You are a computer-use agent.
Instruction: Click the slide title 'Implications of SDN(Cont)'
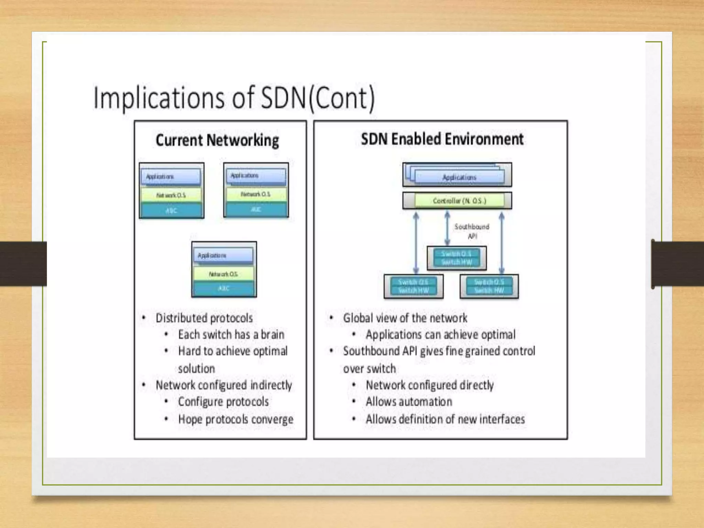tap(234, 99)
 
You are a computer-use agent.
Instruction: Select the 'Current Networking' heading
tap(217, 141)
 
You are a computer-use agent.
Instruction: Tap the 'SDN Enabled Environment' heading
tap(442, 139)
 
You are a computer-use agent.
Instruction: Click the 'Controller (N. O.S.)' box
tap(459, 201)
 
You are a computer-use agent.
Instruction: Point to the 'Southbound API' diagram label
tap(472, 231)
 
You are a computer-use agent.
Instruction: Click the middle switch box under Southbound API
tap(456, 258)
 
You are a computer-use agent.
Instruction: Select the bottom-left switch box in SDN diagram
tap(413, 286)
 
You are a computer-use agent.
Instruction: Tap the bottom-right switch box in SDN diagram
tap(489, 286)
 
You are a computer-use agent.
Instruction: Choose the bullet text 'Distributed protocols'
tap(204, 318)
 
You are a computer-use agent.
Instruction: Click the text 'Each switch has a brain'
tap(231, 334)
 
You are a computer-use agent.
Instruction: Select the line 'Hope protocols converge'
tap(235, 419)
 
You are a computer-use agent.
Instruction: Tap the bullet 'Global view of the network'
tap(405, 318)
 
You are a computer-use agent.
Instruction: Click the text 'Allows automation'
tap(409, 401)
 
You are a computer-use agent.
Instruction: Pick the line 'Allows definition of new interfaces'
tap(445, 419)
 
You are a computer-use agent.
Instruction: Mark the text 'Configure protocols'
tap(223, 401)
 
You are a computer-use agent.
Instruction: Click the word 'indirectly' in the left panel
tap(271, 385)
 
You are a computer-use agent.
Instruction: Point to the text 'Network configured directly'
tap(430, 385)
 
